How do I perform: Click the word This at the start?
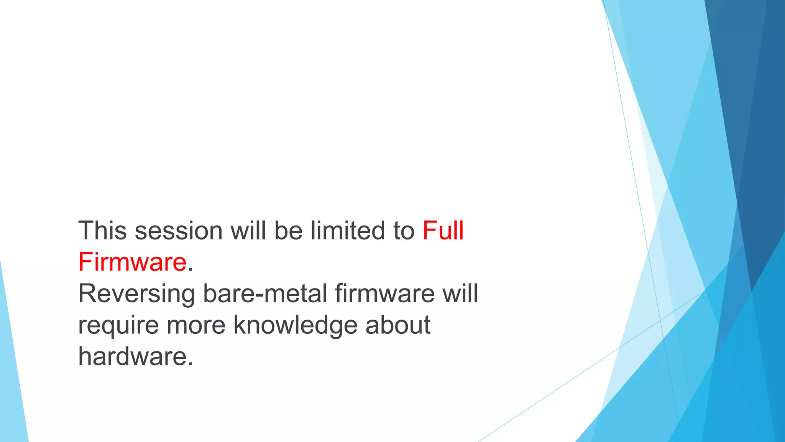pos(102,231)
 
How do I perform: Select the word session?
pos(179,231)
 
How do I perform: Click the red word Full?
pos(443,231)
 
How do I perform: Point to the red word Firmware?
pos(132,262)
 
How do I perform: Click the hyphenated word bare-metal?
pos(265,294)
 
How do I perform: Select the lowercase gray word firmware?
pos(385,294)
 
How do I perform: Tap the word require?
pos(118,325)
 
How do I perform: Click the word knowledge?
pos(295,325)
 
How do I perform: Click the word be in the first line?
pos(288,231)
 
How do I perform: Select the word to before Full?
pos(404,231)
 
